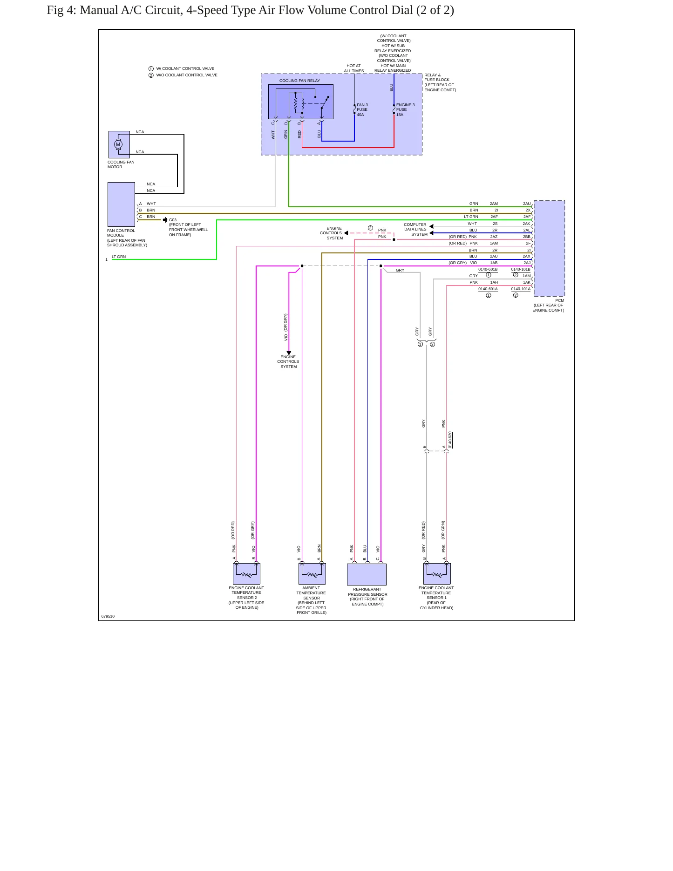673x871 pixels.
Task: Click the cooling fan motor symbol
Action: pyautogui.click(x=119, y=144)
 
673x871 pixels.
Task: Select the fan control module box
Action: pyautogui.click(x=121, y=204)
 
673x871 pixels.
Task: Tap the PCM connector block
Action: pyautogui.click(x=549, y=248)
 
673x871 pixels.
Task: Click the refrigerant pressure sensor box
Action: pyautogui.click(x=367, y=574)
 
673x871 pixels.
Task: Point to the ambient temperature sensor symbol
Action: pyautogui.click(x=312, y=573)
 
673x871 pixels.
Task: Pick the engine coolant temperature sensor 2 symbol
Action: pyautogui.click(x=246, y=573)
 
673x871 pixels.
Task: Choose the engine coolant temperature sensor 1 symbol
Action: pyautogui.click(x=437, y=573)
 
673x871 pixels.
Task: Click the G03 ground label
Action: pyautogui.click(x=173, y=220)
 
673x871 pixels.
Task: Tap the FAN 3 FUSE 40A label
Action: pyautogui.click(x=362, y=109)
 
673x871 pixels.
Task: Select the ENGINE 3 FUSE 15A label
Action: pyautogui.click(x=405, y=109)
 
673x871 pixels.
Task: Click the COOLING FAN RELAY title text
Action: pyautogui.click(x=299, y=81)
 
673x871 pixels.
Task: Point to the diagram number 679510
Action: pyautogui.click(x=108, y=616)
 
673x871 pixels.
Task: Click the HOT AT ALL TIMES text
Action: pyautogui.click(x=354, y=68)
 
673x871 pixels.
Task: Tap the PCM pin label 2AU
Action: pyautogui.click(x=527, y=204)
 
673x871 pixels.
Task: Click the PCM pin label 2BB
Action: pyautogui.click(x=527, y=237)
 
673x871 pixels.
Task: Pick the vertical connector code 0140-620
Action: pyautogui.click(x=450, y=440)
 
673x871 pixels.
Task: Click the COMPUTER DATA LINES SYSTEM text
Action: pyautogui.click(x=415, y=229)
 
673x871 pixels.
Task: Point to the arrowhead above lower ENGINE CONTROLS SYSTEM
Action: pyautogui.click(x=289, y=353)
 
